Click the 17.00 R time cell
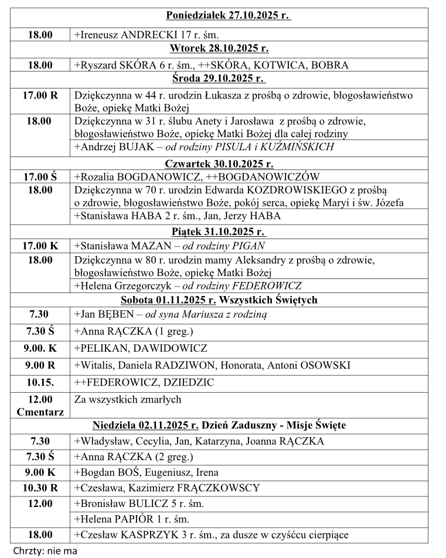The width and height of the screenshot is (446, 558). point(40,94)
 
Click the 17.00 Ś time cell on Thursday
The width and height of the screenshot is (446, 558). point(40,176)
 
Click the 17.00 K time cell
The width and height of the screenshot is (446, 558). point(40,246)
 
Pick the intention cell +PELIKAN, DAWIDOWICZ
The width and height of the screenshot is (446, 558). point(141,348)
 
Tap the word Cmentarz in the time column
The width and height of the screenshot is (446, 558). point(40,411)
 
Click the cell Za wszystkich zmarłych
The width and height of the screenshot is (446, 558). point(128,400)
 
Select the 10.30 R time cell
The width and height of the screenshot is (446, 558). point(40,488)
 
